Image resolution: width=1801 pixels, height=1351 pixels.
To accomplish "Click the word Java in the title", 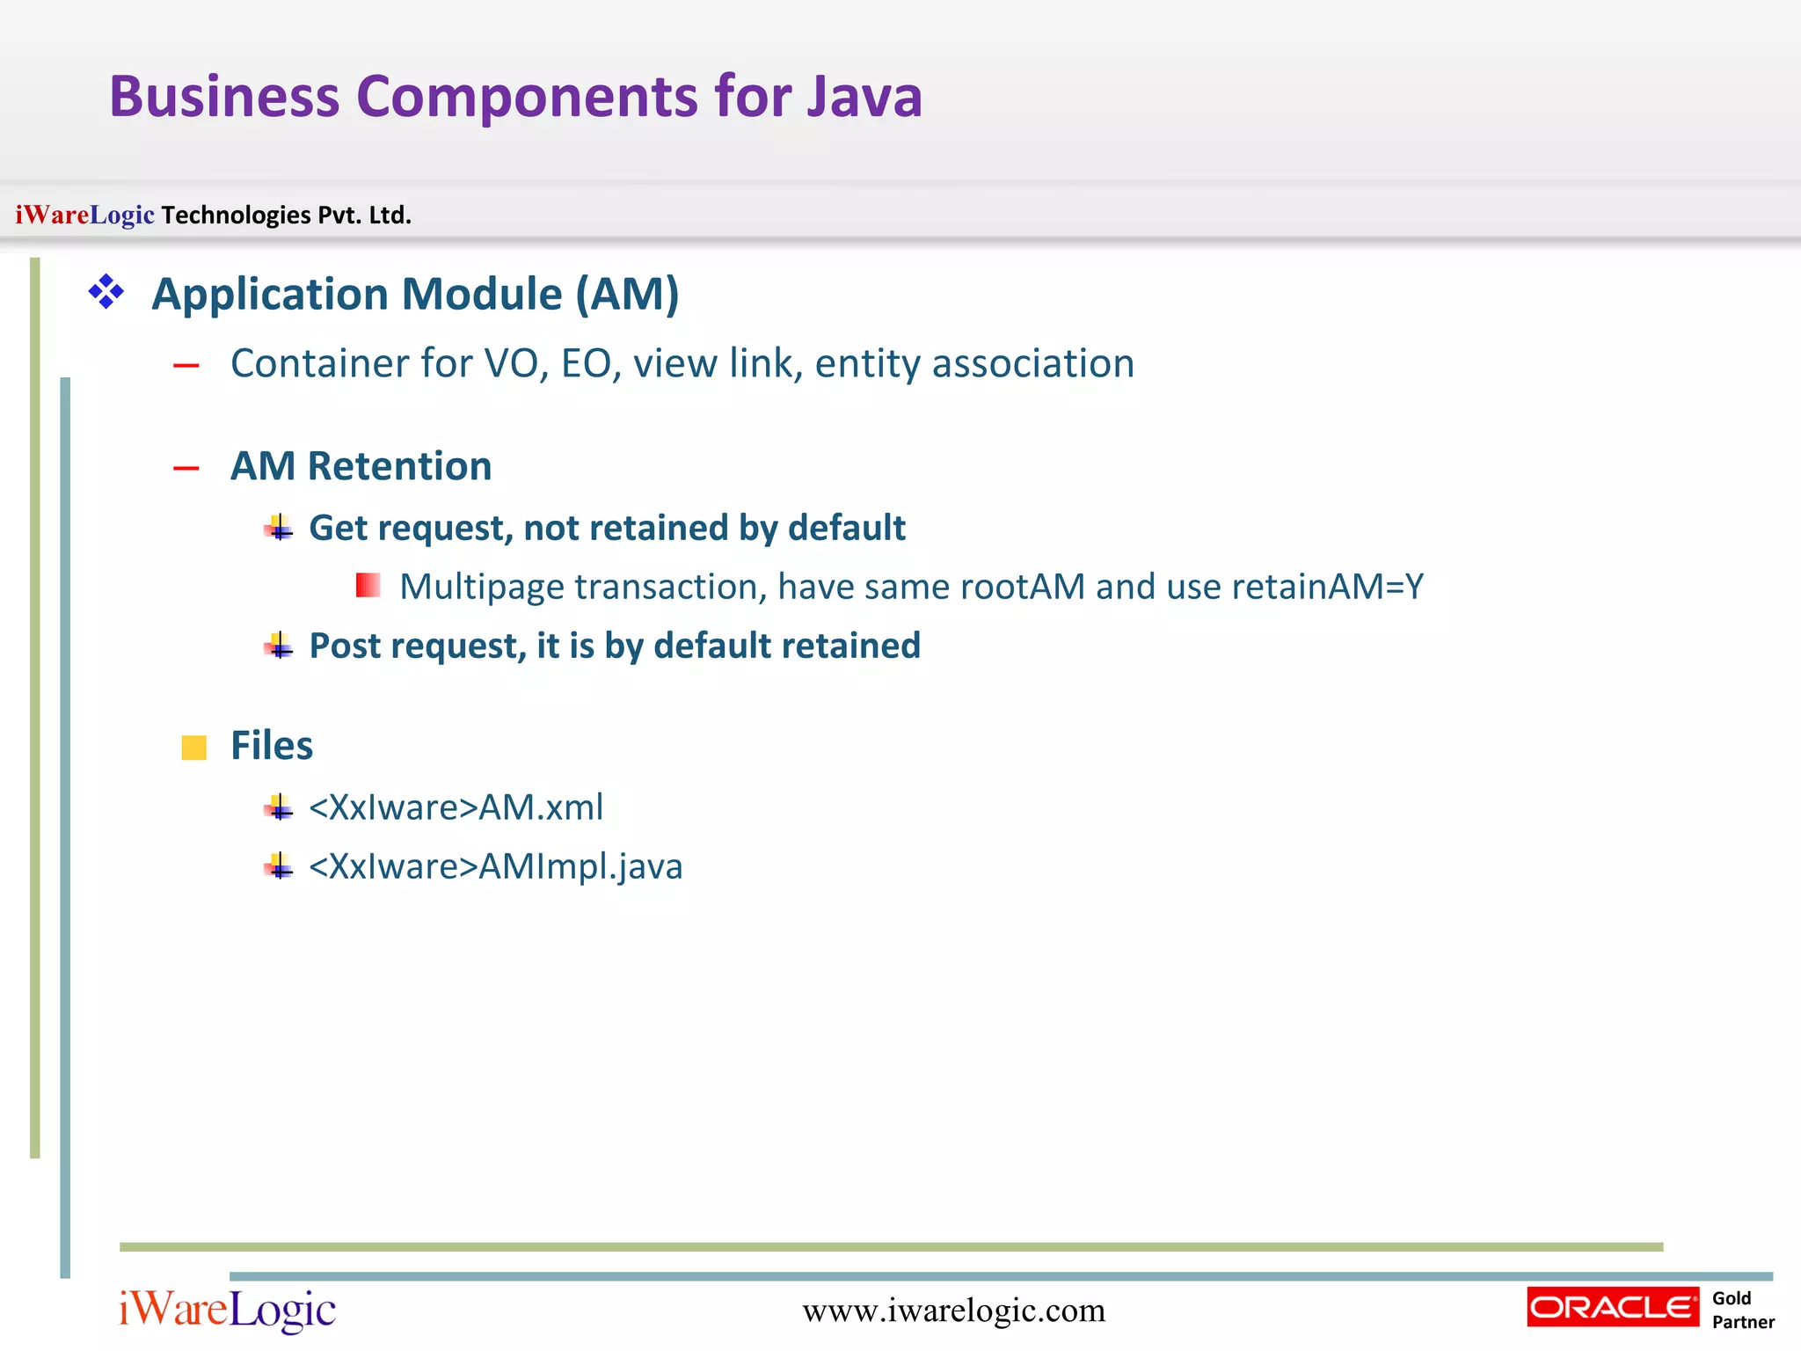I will (865, 97).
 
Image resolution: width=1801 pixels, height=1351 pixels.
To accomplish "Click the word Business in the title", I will (224, 97).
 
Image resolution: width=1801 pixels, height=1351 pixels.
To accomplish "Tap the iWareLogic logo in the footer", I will (228, 1311).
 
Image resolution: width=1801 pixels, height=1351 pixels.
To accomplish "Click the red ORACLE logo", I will (1613, 1307).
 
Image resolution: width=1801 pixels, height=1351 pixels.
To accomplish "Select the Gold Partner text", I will (1742, 1310).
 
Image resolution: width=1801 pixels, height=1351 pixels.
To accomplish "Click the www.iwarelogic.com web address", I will (953, 1311).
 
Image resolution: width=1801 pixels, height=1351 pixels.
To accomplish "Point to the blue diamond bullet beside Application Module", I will (106, 292).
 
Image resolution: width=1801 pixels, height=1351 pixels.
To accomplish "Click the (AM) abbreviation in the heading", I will (627, 294).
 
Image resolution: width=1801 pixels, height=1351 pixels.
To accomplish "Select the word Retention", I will (399, 466).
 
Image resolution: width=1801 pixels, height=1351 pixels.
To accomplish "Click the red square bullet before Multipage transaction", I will (368, 585).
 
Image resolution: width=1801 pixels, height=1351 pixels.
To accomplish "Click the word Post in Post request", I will (345, 646).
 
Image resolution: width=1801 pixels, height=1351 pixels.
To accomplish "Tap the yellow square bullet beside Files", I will (193, 748).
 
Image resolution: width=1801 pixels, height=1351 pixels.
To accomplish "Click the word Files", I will (271, 746).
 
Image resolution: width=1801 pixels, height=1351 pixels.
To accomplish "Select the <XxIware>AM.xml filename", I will (456, 807).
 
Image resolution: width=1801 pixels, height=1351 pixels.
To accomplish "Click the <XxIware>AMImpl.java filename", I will (495, 867).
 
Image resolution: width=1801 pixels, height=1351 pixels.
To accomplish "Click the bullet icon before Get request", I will (279, 528).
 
